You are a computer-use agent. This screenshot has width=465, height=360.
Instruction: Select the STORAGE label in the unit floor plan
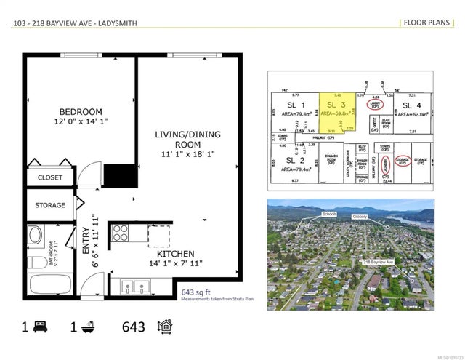click(x=49, y=206)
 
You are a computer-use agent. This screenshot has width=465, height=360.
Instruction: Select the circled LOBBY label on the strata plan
click(x=375, y=103)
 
